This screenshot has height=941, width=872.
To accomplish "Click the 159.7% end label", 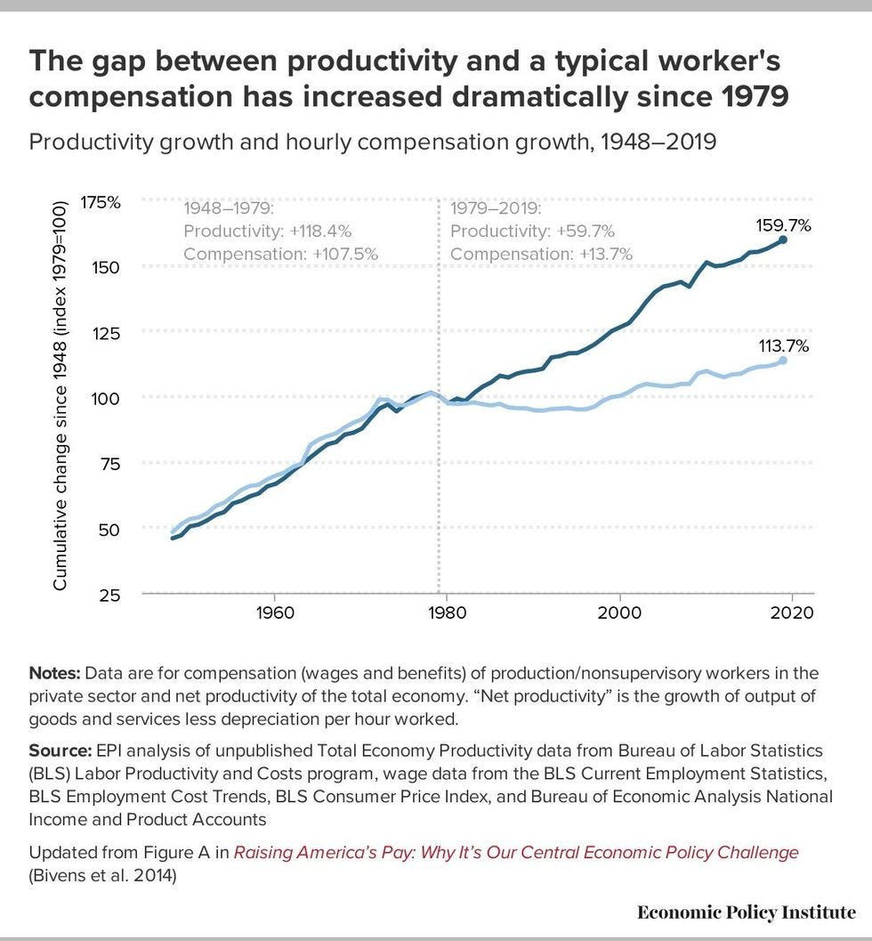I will [x=783, y=225].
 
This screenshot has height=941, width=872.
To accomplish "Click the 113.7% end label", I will [x=783, y=346].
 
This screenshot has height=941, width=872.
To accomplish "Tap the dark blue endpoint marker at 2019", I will [x=783, y=239].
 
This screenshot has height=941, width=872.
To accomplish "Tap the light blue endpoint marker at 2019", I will [x=783, y=361].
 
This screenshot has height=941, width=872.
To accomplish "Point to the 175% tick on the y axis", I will [x=101, y=202].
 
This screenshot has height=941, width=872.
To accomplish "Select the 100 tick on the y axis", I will [x=106, y=398].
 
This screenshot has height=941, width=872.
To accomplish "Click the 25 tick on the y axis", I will [x=109, y=595].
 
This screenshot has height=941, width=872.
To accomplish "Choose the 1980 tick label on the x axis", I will [x=446, y=614].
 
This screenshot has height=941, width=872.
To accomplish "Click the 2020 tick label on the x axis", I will [x=791, y=614].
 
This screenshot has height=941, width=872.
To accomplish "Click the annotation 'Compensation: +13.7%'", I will [x=541, y=254].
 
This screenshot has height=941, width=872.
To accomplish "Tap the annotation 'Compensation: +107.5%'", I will [x=280, y=254].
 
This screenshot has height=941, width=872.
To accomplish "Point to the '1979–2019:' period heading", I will [x=496, y=209].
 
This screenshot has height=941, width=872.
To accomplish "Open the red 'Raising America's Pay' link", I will [x=516, y=853].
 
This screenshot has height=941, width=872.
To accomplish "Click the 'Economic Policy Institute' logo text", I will [x=747, y=913].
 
